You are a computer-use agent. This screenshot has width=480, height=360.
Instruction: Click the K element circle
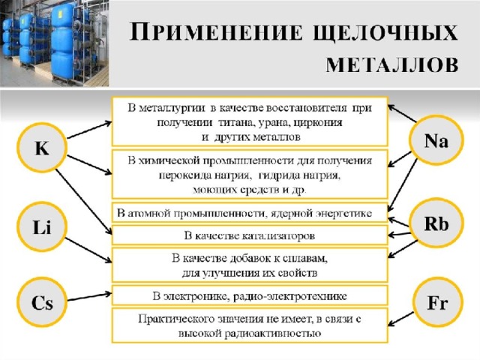pos(42,148)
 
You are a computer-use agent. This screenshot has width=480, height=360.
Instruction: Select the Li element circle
pos(42,226)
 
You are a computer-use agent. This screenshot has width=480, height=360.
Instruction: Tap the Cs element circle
pos(42,302)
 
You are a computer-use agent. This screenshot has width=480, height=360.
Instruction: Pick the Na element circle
pos(436,141)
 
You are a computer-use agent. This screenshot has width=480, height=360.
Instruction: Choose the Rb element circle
pos(436,223)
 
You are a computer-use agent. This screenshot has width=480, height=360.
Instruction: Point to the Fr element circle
pos(437,303)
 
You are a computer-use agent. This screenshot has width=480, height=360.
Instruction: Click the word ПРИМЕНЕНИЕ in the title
pos(216,31)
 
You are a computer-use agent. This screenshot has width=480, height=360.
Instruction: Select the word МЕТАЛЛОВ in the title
pos(392,65)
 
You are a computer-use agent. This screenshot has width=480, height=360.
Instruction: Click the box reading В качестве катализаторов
pos(250,235)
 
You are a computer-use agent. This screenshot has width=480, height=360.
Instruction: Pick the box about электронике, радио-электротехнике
pos(250,295)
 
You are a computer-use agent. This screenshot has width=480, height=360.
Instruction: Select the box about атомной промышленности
pos(250,212)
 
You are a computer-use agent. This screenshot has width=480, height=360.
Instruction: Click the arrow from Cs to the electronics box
pos(89,297)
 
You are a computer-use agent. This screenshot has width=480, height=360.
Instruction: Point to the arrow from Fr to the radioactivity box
pos(401,319)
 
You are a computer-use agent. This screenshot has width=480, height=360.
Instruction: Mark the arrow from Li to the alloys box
pos(88,250)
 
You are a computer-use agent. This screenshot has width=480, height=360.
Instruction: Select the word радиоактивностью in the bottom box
pos(273,333)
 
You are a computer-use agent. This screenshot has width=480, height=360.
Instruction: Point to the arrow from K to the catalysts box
pos(84,202)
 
